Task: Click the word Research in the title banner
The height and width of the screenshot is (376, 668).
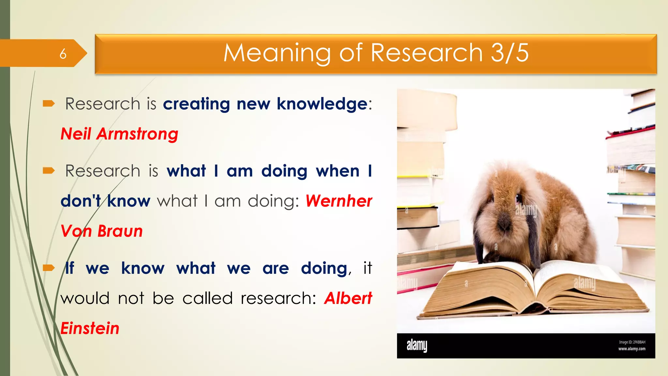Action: point(427,53)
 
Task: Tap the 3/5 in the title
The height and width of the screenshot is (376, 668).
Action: point(510,53)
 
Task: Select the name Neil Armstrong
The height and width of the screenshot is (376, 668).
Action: point(119,134)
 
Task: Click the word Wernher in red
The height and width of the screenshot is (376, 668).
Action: point(339,201)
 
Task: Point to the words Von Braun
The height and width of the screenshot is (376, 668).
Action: point(102,231)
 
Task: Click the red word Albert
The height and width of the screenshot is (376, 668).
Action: point(348,298)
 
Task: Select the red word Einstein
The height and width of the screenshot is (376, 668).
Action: point(90,328)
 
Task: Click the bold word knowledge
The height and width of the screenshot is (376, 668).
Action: point(322,104)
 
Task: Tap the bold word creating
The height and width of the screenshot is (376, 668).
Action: point(196,104)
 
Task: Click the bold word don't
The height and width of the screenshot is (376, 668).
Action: point(81,201)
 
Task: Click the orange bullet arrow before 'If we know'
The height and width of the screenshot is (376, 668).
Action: point(49,268)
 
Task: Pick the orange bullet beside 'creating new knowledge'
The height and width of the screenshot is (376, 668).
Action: point(49,104)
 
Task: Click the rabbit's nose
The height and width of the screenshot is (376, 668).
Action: point(504,223)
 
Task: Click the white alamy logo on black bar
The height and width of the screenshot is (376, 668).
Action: point(417,345)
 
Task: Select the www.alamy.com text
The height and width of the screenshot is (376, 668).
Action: point(632,349)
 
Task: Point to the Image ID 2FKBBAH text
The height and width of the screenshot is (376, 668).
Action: point(632,342)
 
